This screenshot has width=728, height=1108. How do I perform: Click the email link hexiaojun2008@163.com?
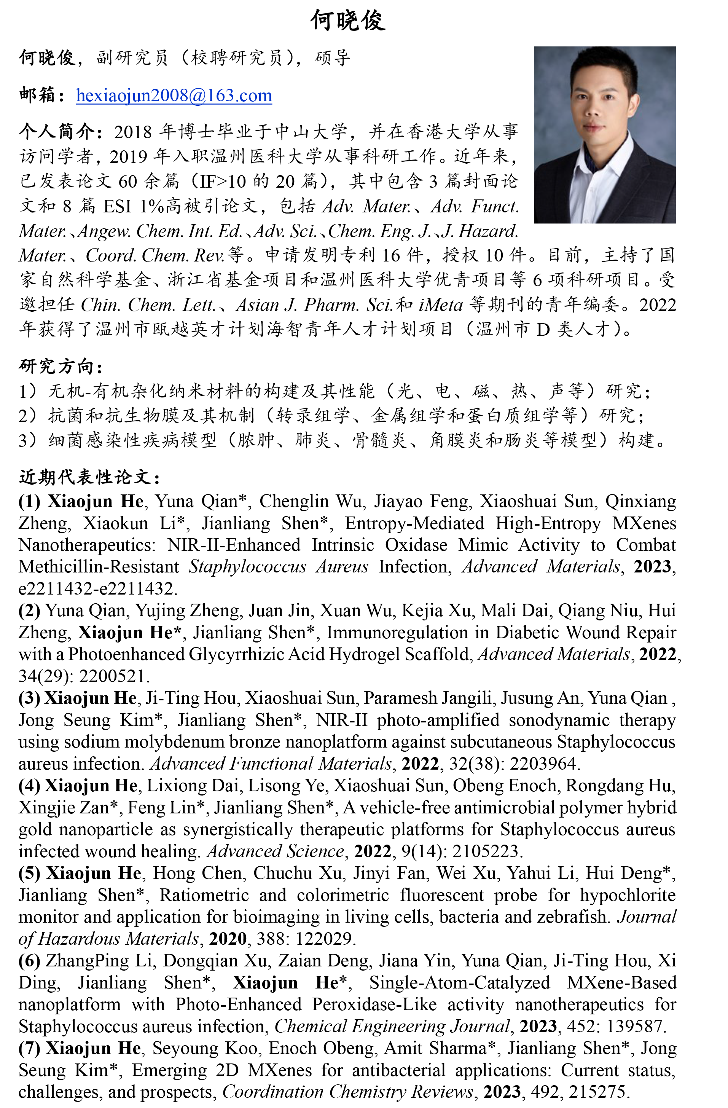174,96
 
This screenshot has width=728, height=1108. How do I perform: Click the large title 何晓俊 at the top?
348,21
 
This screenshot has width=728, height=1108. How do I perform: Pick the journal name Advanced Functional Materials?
271,764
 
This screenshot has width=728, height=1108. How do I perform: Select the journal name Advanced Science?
276,851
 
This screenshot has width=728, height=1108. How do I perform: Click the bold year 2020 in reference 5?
228,939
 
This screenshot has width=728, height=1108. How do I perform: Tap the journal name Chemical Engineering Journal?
392,1026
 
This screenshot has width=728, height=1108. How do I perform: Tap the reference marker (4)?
29,785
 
